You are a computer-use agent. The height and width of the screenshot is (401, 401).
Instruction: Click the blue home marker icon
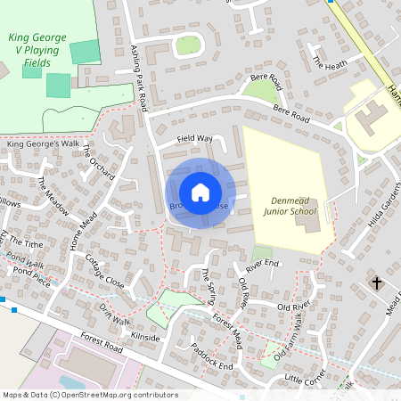click(x=200, y=192)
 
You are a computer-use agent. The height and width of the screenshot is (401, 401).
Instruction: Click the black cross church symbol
click(x=377, y=283)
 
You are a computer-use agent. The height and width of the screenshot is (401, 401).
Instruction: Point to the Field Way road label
click(x=195, y=139)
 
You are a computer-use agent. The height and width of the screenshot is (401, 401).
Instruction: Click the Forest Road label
click(x=99, y=343)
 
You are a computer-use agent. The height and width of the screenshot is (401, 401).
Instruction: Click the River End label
click(x=263, y=265)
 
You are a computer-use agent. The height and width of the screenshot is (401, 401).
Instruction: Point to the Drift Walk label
click(x=115, y=315)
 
